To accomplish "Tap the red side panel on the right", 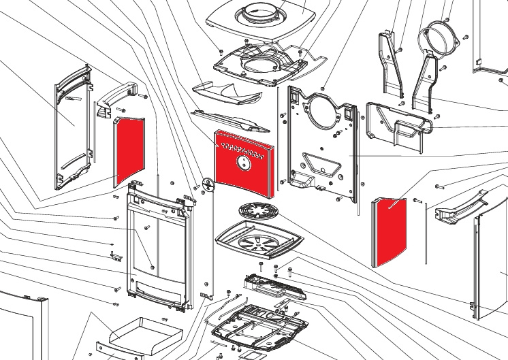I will [x=389, y=231].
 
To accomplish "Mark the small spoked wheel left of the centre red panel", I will [x=208, y=185].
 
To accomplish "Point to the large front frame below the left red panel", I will [x=156, y=245].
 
